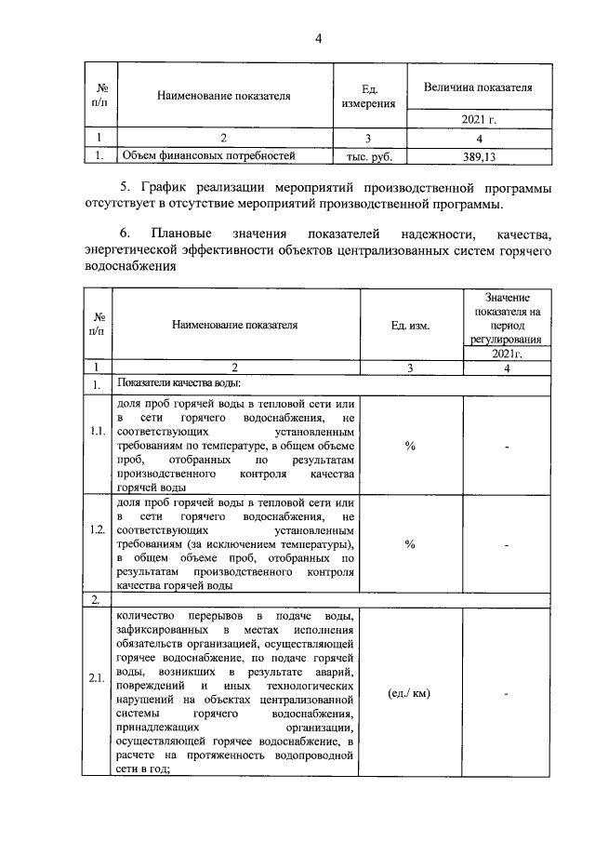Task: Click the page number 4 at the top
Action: pos(318,38)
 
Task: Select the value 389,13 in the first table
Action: pos(477,156)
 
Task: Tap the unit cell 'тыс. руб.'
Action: pos(369,156)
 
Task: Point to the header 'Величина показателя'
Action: pos(477,87)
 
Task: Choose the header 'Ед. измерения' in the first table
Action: pos(369,96)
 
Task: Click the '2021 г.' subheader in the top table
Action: pos(477,120)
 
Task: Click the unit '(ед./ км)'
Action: pos(410,693)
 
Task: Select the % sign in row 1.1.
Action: pos(410,446)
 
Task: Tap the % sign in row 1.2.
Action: pos(410,544)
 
